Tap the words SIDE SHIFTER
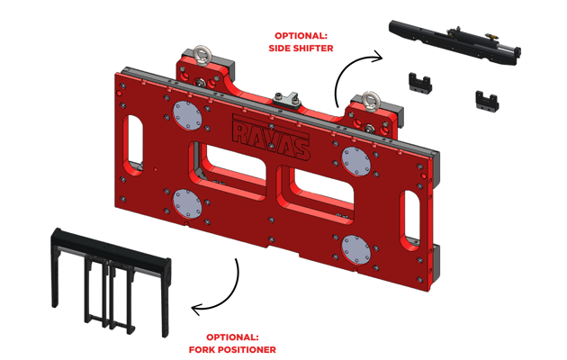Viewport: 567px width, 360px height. click(x=300, y=47)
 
